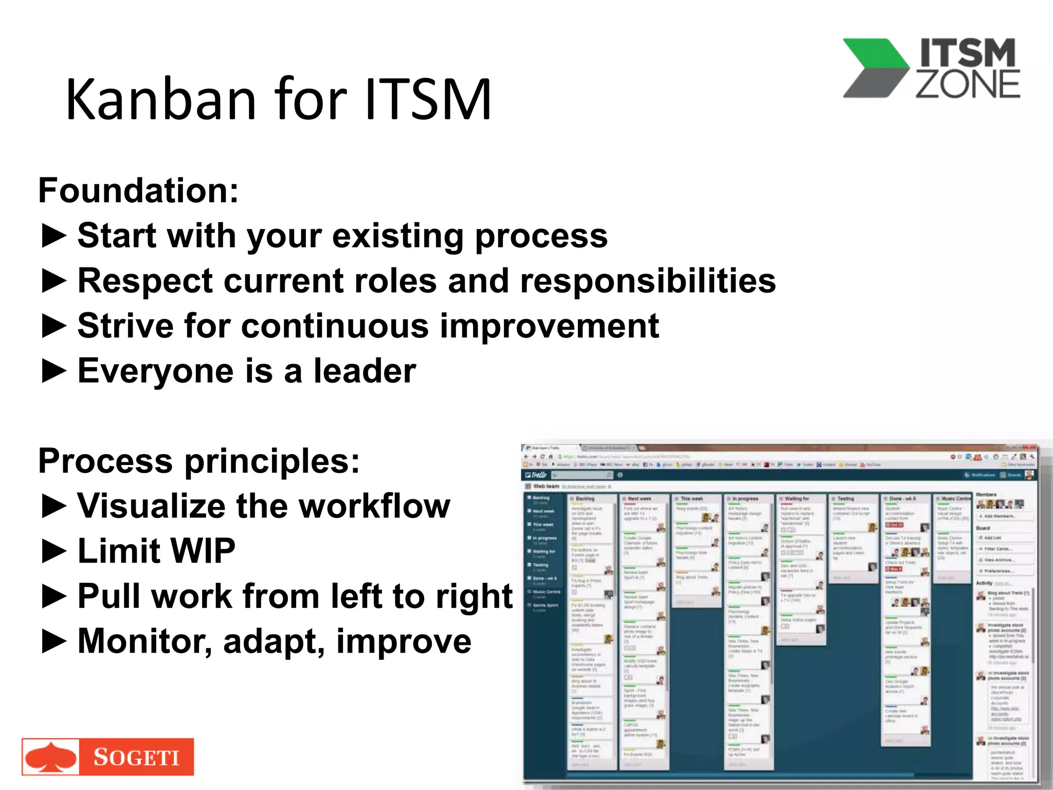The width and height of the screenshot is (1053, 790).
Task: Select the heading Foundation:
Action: point(138,191)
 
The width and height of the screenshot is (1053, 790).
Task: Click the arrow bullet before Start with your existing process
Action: point(53,236)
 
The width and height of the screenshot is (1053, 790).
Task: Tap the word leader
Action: point(365,371)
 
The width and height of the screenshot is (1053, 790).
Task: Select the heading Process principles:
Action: point(198,461)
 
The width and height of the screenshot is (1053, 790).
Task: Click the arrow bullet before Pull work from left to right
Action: point(53,597)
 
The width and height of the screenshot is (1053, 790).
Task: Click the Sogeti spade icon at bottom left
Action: point(50,757)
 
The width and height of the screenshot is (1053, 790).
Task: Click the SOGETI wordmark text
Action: point(136,757)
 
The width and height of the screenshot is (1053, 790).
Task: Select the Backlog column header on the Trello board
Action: point(585,498)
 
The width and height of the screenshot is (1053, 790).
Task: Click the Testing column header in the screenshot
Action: point(846,498)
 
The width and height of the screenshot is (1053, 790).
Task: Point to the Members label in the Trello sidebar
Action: point(986,494)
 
